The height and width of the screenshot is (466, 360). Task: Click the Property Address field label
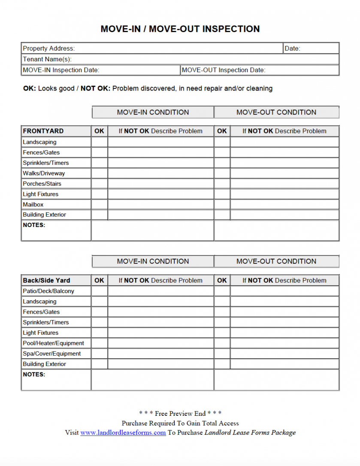[x=48, y=48]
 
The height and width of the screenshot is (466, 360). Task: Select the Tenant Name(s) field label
[x=47, y=59]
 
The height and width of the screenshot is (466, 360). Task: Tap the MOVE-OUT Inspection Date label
[x=224, y=70]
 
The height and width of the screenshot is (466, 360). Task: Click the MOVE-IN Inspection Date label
[x=61, y=70]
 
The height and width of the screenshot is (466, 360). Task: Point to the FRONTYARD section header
[x=43, y=131]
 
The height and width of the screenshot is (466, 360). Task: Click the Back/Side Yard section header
[x=46, y=280]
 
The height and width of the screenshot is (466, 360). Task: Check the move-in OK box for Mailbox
[x=99, y=205]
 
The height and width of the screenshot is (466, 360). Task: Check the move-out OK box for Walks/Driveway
[x=222, y=173]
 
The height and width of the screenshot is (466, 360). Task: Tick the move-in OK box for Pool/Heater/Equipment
[x=99, y=343]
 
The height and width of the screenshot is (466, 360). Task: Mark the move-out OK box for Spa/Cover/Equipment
[x=222, y=354]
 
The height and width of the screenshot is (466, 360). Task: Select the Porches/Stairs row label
[x=42, y=184]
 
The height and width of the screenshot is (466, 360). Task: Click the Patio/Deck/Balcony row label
[x=48, y=291]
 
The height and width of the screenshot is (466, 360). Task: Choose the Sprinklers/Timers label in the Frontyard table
[x=46, y=163]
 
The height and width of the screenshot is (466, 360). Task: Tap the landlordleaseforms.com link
[x=123, y=433]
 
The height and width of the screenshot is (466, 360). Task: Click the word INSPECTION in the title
[x=230, y=29]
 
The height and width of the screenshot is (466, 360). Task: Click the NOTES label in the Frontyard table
[x=34, y=225]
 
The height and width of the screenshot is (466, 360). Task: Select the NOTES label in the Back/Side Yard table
[x=34, y=375]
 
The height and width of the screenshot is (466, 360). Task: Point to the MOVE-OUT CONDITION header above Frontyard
[x=276, y=112]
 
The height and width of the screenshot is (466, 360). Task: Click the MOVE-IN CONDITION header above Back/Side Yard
[x=153, y=261]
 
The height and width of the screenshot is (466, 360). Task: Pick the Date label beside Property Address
[x=292, y=48]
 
